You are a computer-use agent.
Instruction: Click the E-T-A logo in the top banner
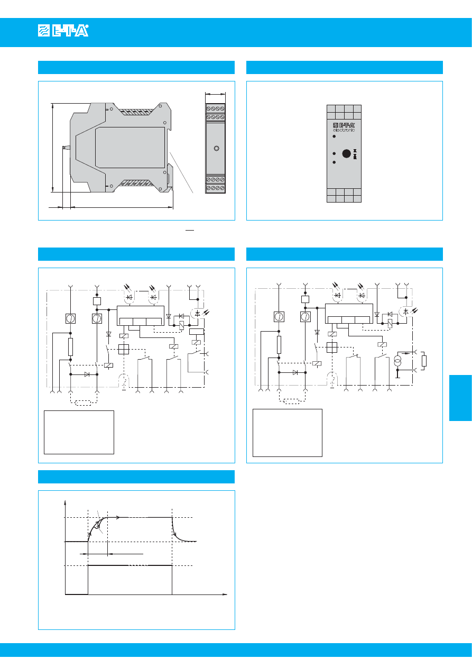pos(63,31)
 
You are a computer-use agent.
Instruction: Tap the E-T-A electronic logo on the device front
pos(344,127)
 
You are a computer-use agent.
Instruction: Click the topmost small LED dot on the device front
pos(334,136)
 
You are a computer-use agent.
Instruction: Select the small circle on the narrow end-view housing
pos(217,148)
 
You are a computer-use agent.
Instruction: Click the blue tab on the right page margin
pos(460,398)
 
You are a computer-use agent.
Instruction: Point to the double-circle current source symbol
pos(397,361)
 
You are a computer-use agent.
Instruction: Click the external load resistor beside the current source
pos(424,361)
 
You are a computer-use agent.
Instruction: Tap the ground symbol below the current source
pos(397,374)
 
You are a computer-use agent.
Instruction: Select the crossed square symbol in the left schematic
pos(124,349)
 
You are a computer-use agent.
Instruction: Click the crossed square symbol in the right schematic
pos(331,347)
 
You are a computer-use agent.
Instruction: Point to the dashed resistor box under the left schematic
pos(84,403)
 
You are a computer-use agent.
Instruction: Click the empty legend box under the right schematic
pos(287,433)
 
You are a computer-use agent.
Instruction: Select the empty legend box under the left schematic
pos(79,432)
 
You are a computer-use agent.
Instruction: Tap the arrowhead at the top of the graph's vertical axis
pos(65,502)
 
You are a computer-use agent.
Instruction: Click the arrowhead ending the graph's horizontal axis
pos(225,594)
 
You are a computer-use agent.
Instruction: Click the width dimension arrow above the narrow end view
pos(215,94)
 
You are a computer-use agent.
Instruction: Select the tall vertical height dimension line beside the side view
pos(52,148)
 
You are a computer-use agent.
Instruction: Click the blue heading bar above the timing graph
pos(136,477)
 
